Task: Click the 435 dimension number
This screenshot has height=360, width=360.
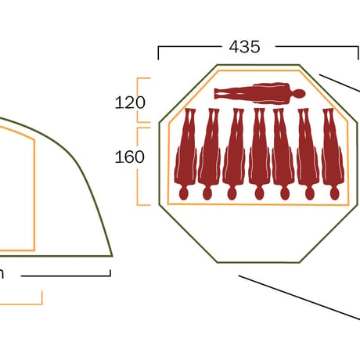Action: (x=244, y=47)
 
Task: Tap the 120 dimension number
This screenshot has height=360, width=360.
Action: (x=130, y=103)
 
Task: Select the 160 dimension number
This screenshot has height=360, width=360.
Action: (x=129, y=157)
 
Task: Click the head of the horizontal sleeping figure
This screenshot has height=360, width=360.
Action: (x=299, y=94)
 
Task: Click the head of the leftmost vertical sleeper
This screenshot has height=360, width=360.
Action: (x=183, y=193)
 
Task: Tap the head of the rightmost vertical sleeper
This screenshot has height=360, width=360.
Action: (x=334, y=193)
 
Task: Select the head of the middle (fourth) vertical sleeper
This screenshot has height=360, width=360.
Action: (x=259, y=193)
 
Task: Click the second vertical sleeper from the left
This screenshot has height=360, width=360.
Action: (x=209, y=154)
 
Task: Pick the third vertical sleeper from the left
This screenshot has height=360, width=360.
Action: (x=233, y=154)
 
